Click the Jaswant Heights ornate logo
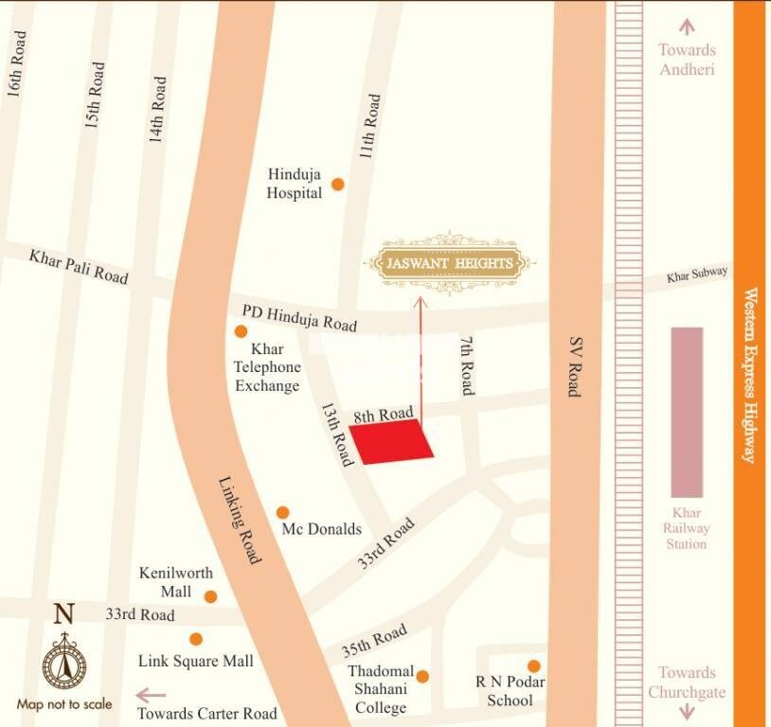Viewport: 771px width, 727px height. [450, 263]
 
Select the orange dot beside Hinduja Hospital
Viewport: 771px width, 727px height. [337, 184]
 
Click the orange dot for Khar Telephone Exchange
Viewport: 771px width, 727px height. [242, 331]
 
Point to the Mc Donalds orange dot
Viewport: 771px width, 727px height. [282, 512]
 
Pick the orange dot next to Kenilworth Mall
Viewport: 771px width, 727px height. [210, 596]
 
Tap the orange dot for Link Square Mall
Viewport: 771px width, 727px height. [196, 639]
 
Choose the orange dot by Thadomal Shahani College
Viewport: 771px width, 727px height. [422, 676]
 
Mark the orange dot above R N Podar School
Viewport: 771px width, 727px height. [534, 666]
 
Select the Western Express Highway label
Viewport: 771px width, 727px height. [750, 375]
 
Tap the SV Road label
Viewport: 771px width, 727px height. [575, 366]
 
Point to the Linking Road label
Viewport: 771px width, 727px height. [240, 520]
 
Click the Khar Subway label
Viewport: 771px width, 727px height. [697, 275]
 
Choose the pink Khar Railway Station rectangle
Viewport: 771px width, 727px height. [687, 412]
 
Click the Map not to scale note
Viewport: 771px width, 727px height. [64, 704]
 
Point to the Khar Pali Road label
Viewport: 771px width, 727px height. [78, 266]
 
